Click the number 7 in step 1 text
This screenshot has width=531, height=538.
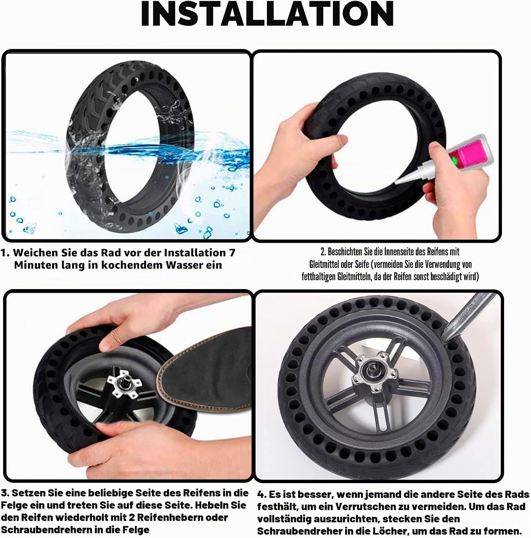click(x=232, y=253)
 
